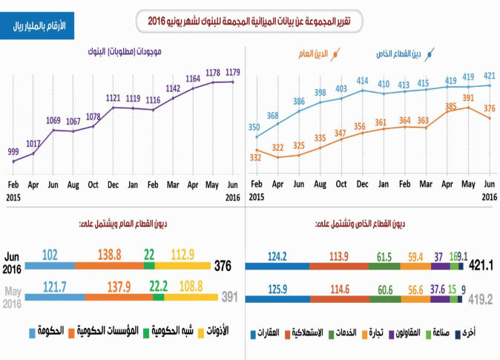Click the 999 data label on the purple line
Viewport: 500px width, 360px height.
(14, 151)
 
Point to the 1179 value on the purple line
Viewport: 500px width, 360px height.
(233, 72)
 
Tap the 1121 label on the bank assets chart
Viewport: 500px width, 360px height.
(113, 97)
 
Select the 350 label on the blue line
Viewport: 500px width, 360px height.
(254, 127)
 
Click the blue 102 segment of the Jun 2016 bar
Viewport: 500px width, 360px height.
(50, 265)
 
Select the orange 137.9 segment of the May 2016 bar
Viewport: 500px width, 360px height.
(118, 297)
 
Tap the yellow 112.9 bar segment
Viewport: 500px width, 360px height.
(182, 265)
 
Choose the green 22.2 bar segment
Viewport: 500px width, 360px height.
(158, 297)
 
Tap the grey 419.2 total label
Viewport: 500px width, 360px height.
(481, 300)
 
